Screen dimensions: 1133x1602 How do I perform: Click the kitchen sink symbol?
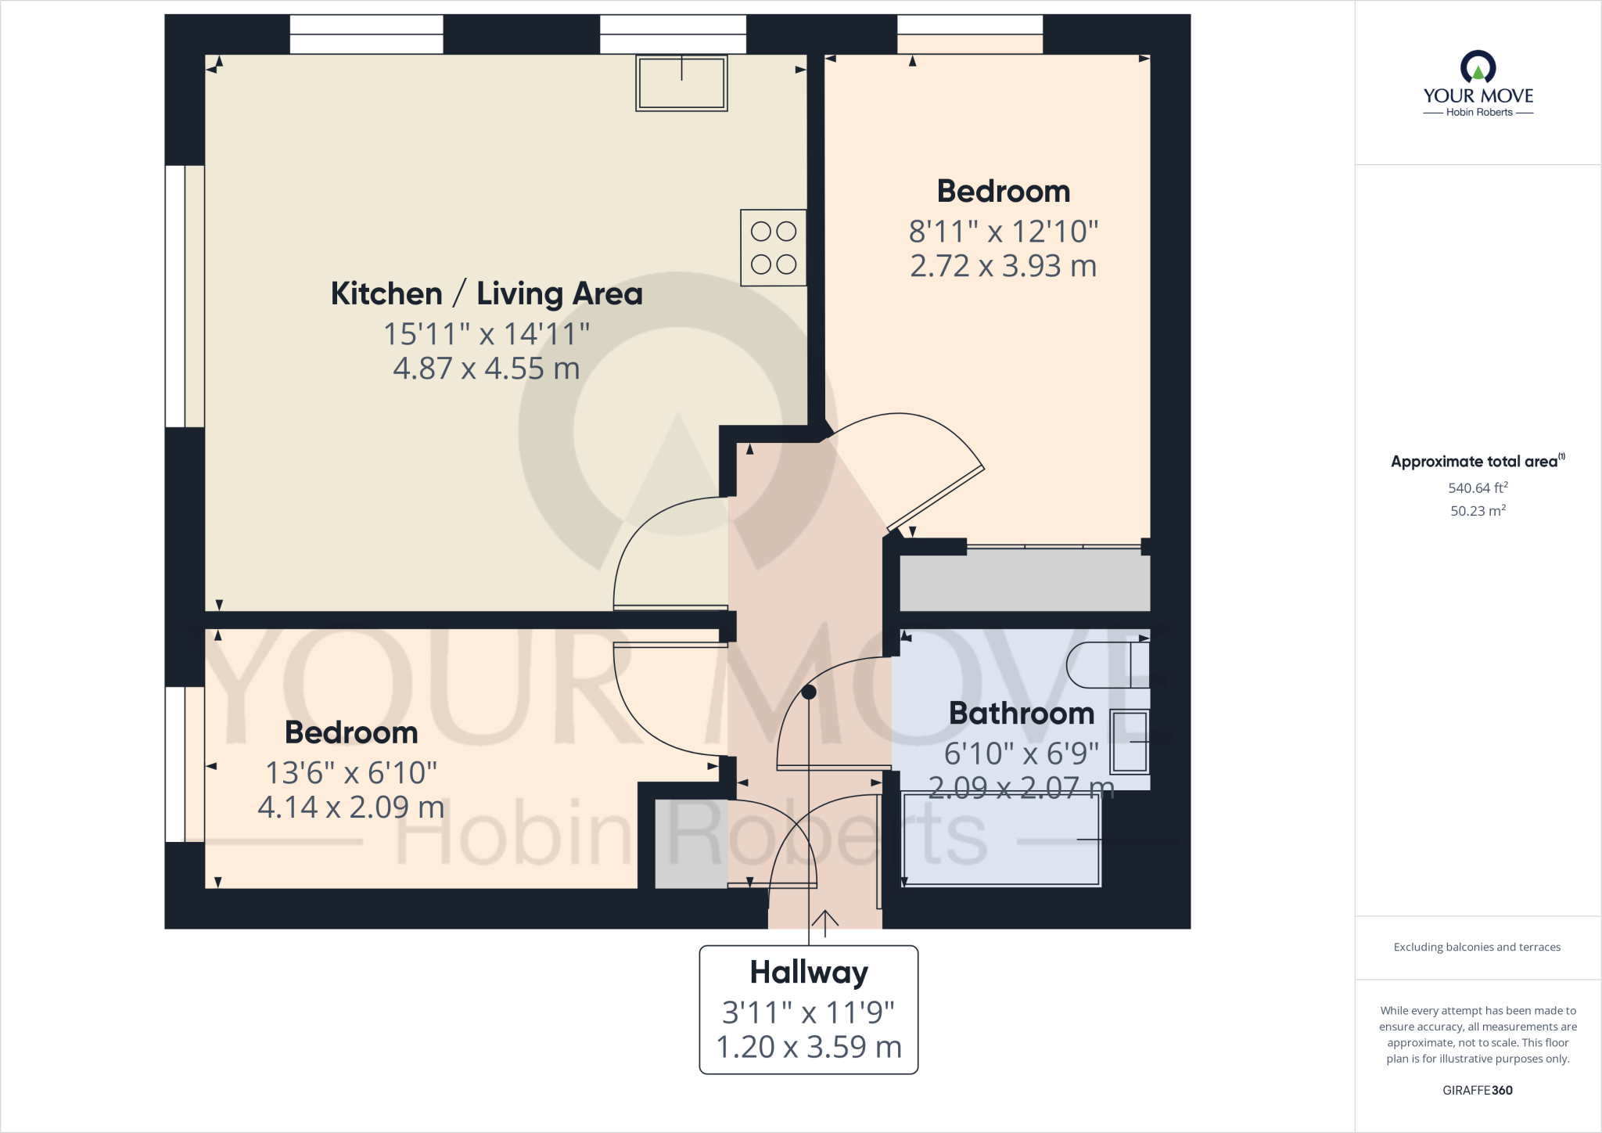681,82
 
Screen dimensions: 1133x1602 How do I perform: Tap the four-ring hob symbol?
773,247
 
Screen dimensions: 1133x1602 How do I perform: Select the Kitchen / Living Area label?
486,293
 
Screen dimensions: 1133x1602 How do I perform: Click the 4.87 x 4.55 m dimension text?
486,369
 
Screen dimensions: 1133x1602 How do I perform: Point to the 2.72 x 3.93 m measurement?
1003,266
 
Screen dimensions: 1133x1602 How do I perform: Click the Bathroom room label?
1021,714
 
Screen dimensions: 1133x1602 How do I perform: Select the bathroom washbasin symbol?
1130,741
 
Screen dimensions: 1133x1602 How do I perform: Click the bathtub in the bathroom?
1001,839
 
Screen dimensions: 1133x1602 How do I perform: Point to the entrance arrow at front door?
824,923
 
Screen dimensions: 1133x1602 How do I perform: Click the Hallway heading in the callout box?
808,973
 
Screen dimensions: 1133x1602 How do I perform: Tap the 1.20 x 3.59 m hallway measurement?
808,1047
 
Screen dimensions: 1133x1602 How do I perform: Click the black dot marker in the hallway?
809,692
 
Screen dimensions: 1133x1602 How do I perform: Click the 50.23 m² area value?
1477,511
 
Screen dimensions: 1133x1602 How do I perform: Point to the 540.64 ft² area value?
1477,488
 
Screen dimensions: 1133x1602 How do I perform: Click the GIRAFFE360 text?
1477,1090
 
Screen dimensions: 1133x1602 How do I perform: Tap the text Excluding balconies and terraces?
1477,947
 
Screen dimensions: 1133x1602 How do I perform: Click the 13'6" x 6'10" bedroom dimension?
350,773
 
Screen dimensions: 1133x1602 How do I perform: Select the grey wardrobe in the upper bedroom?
1024,580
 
